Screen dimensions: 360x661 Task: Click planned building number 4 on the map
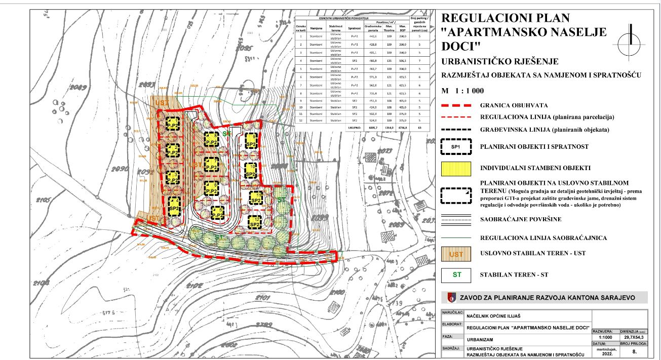pyautogui.click(x=174, y=205)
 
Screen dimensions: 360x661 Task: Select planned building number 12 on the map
pyautogui.click(x=254, y=221)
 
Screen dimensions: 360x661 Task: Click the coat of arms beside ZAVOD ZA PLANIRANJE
pyautogui.click(x=452, y=298)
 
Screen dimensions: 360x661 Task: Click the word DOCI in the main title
pyautogui.click(x=461, y=46)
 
